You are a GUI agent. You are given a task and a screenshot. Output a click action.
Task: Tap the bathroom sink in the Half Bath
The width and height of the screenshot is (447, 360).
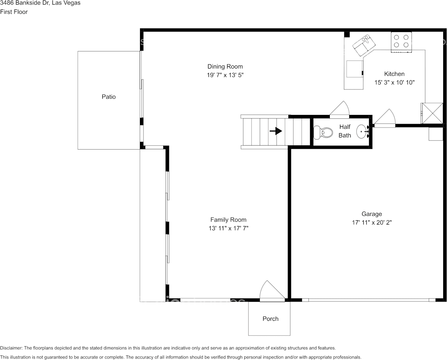(363, 132)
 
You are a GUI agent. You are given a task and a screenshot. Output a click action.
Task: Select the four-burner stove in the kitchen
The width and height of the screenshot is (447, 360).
(401, 41)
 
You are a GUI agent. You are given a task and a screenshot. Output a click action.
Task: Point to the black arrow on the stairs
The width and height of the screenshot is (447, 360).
(276, 131)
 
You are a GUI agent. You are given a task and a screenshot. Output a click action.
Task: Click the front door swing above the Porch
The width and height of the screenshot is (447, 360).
(271, 292)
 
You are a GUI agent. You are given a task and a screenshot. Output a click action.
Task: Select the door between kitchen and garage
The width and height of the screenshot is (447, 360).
(386, 119)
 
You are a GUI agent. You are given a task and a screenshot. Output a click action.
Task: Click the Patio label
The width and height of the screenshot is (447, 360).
(108, 97)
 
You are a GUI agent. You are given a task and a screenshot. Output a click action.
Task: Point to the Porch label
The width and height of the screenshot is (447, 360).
(270, 319)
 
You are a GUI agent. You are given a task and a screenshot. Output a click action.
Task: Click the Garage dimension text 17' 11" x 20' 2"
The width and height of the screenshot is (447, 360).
(372, 223)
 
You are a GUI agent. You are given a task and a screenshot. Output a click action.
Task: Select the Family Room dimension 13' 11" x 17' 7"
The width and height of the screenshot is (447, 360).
(228, 228)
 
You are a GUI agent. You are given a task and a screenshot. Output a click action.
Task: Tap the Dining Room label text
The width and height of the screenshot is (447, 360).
(225, 67)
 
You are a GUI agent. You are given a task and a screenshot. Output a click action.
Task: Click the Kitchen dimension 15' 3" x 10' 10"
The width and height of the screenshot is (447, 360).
(394, 82)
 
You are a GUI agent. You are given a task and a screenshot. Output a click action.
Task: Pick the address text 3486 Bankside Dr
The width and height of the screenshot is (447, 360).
(40, 3)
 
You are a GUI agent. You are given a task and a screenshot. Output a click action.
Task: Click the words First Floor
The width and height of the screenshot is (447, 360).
(14, 12)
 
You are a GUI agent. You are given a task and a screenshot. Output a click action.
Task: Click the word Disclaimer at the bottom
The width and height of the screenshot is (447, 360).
(11, 348)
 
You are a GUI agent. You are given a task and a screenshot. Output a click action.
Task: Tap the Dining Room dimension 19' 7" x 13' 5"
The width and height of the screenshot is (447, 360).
(225, 75)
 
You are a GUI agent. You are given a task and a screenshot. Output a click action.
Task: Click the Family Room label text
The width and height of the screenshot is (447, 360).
(228, 220)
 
